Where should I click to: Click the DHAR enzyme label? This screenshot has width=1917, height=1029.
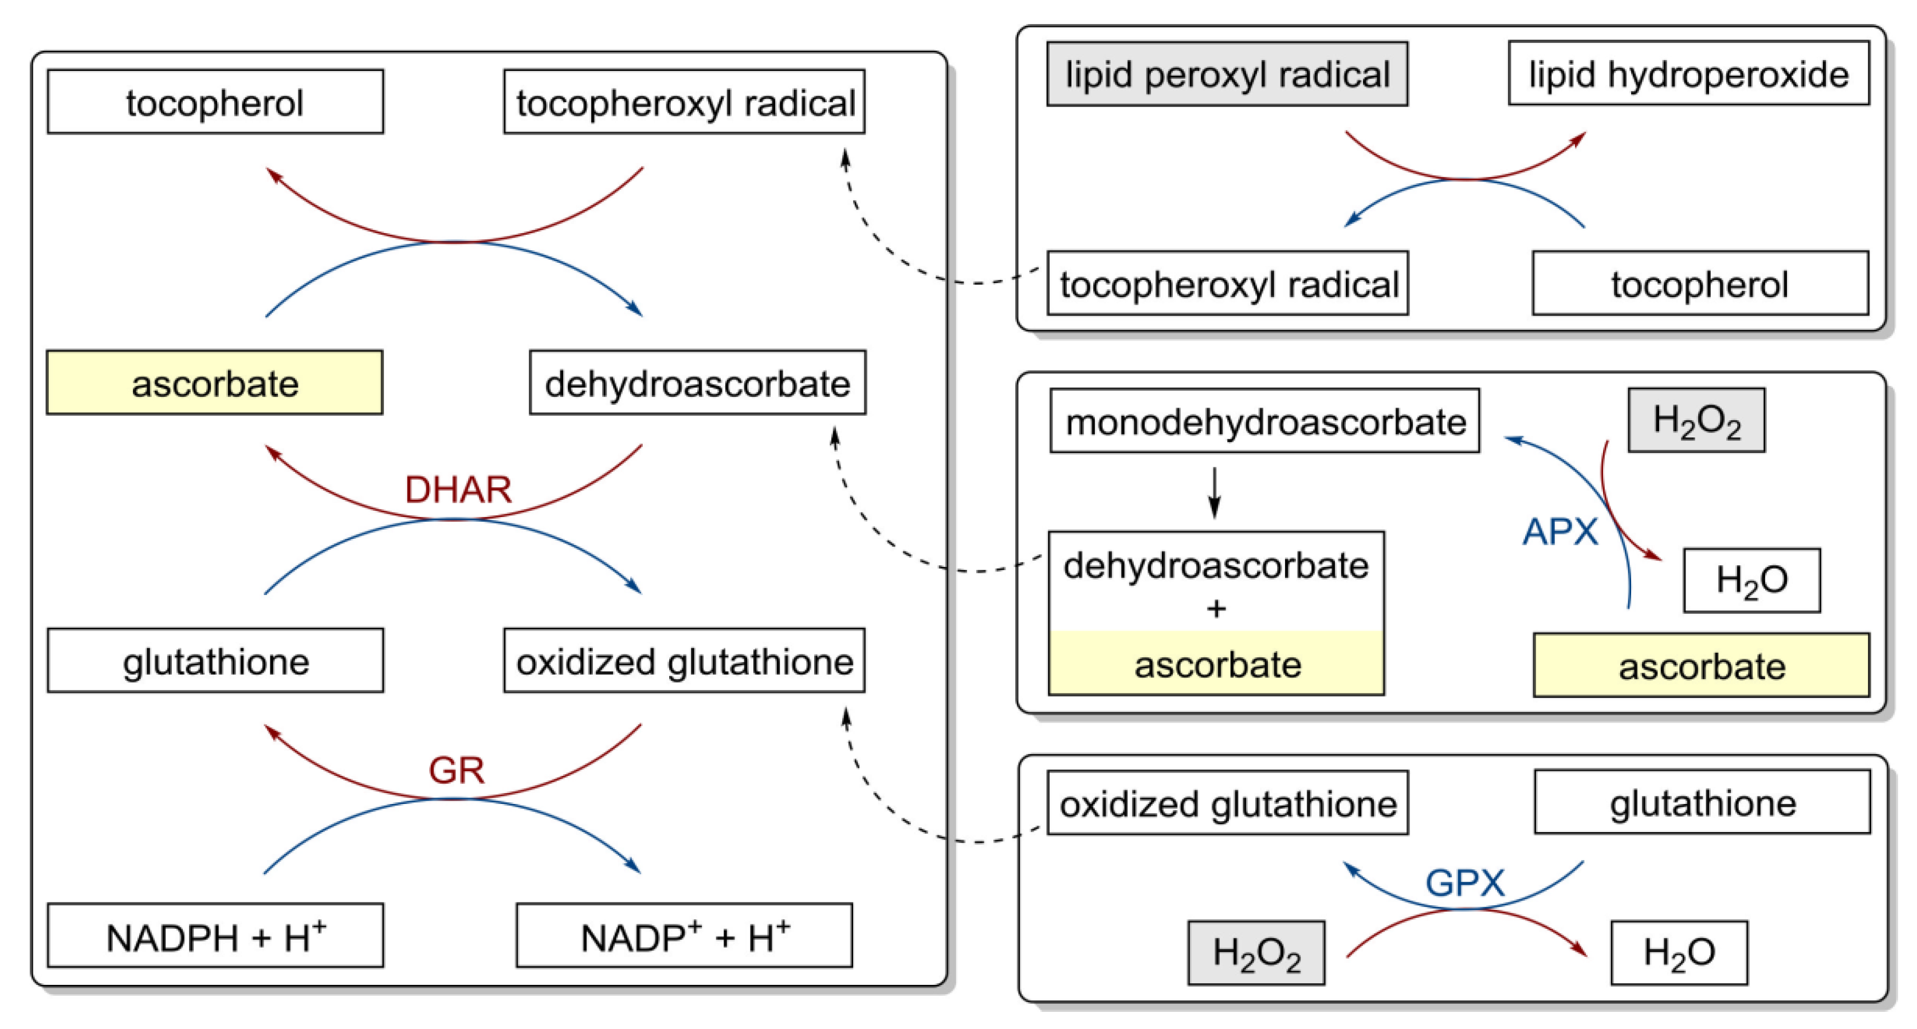point(458,490)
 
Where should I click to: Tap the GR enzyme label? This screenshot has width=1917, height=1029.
point(456,770)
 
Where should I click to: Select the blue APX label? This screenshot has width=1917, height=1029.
point(1560,532)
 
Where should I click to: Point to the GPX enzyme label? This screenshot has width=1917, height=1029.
point(1464,883)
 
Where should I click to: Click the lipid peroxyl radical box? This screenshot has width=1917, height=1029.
point(1227,74)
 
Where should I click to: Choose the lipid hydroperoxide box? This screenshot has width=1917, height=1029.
point(1688,74)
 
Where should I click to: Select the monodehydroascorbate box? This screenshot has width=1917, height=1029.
point(1265,421)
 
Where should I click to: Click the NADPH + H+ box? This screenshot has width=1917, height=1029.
point(215,936)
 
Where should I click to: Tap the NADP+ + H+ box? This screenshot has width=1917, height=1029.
point(684,936)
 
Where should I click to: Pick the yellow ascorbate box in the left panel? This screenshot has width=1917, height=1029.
point(214,383)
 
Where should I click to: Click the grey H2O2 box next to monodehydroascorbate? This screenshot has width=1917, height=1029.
point(1696,420)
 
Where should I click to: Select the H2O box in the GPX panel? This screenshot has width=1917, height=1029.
point(1679,953)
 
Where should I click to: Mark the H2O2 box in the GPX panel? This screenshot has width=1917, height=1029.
point(1256,953)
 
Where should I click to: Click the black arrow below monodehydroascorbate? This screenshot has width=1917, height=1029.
point(1215,492)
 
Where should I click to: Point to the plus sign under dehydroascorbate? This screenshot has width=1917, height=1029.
point(1216,609)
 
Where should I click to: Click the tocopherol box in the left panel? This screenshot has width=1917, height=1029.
point(215,102)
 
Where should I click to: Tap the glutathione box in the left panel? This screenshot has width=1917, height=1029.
point(215,661)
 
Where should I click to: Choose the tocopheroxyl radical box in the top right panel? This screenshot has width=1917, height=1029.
point(1228,283)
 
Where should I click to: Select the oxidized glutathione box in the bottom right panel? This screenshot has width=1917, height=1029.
point(1228,803)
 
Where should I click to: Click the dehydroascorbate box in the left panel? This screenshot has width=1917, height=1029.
point(697,383)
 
